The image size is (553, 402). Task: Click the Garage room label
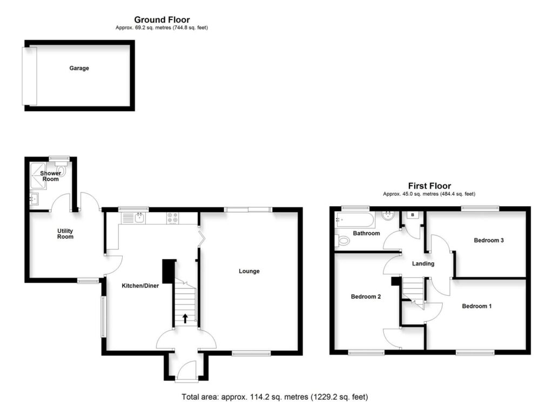79,69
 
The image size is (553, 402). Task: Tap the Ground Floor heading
161,21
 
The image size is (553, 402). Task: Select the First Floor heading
429,186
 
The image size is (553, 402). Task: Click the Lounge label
249,271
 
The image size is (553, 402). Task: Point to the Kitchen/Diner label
139,285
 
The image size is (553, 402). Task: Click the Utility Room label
65,234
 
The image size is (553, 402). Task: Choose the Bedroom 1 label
477,306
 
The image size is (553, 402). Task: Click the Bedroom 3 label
489,240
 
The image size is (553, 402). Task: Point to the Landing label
423,263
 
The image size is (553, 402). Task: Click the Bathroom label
366,233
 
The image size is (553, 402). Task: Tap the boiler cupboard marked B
413,215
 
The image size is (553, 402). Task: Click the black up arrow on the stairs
185,318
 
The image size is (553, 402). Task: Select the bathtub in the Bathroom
354,219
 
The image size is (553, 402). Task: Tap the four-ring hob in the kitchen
173,218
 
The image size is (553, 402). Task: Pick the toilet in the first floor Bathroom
342,240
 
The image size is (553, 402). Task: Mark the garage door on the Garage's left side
29,76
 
